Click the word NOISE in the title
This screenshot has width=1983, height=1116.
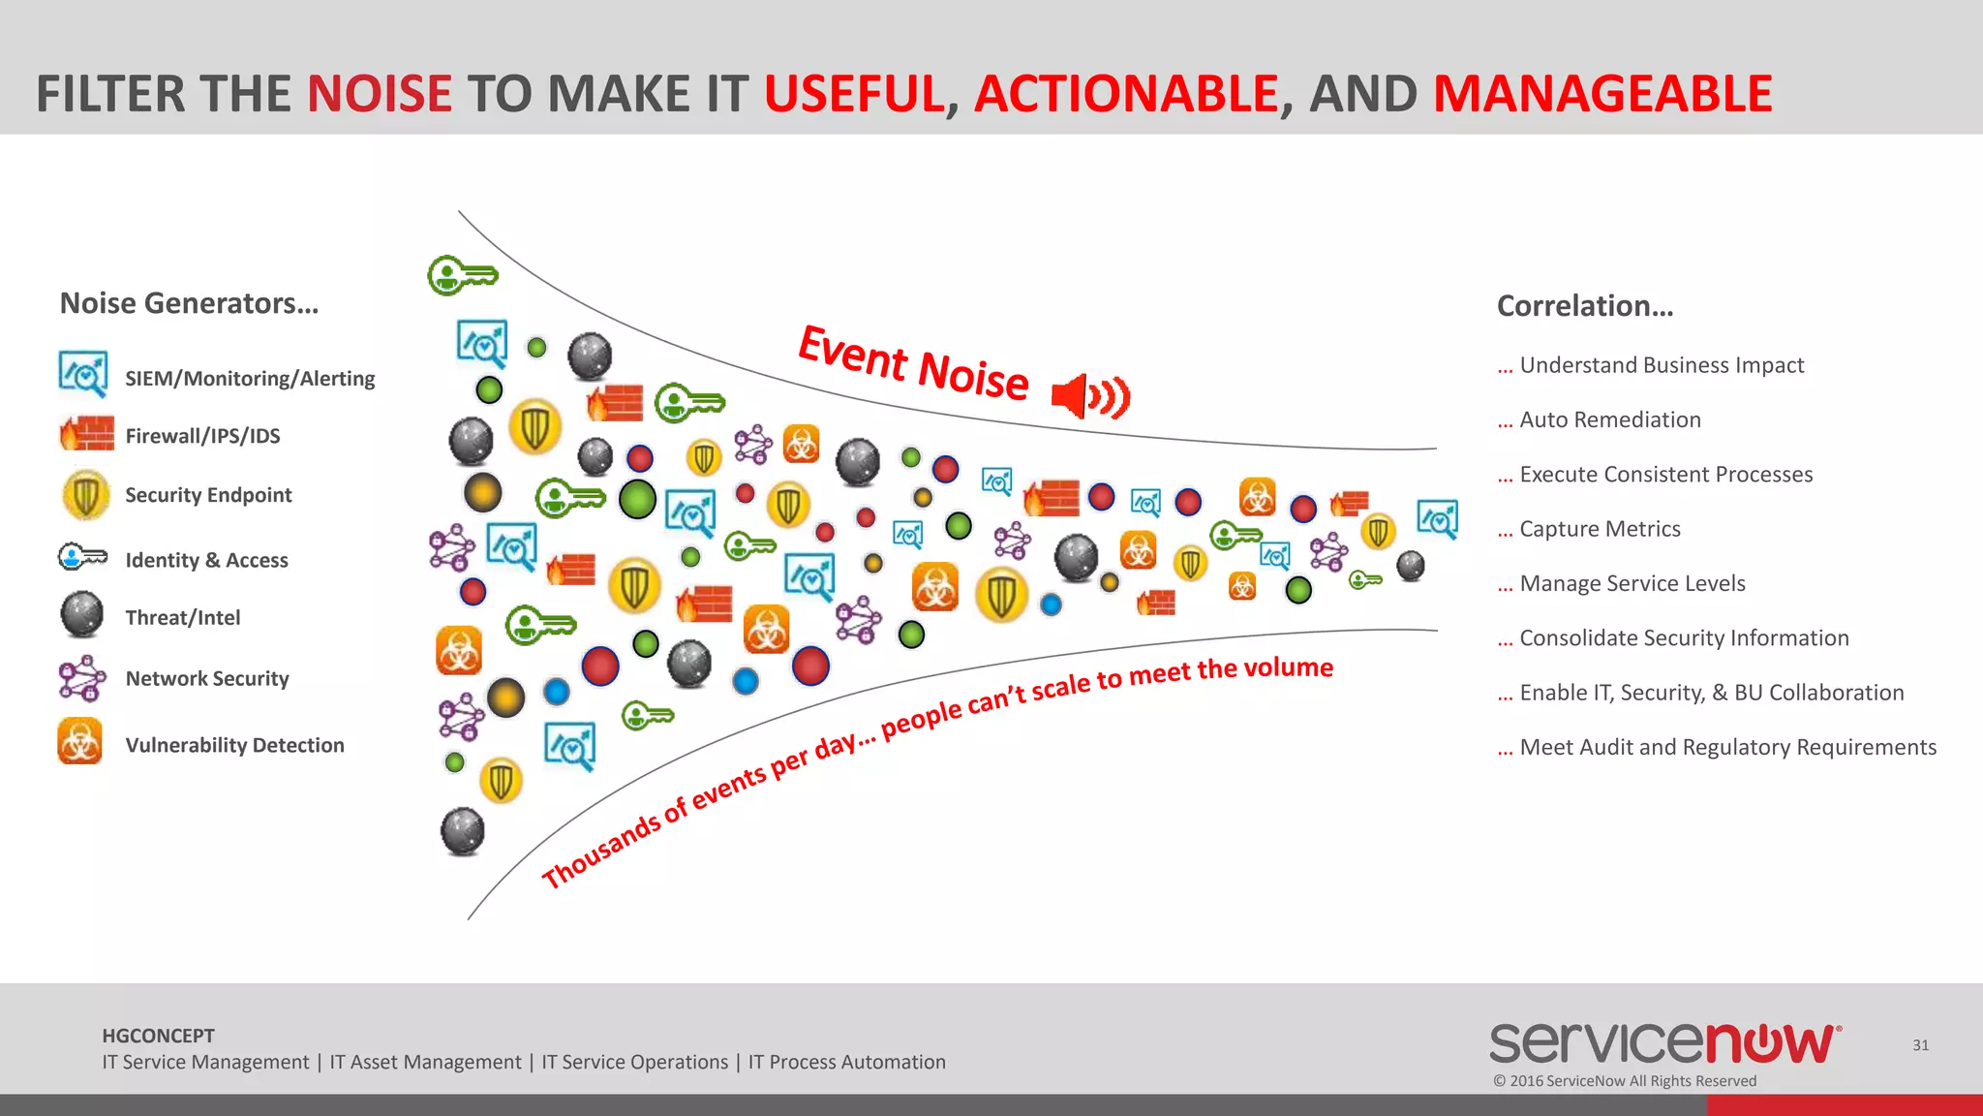coord(380,94)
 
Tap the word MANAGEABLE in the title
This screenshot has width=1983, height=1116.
coord(1602,94)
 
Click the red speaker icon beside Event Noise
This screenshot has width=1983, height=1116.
coord(1090,395)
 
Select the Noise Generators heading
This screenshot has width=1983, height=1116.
coord(189,303)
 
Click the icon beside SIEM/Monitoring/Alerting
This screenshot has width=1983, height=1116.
coord(83,375)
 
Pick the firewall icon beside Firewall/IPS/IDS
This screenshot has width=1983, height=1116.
coord(86,434)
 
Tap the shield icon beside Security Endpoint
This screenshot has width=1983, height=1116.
coord(85,494)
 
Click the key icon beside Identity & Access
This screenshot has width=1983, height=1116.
coord(82,557)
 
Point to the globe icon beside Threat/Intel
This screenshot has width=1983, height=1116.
coord(82,615)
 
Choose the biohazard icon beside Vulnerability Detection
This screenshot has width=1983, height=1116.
coord(80,742)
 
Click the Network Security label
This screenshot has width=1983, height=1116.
coord(207,678)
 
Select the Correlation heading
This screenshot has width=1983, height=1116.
coord(1584,306)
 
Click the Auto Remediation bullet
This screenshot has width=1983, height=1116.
coord(1609,419)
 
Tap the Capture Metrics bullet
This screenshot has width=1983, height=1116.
coord(1600,529)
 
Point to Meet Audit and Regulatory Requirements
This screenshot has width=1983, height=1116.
coord(1727,747)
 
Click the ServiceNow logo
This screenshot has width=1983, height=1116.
coord(1664,1043)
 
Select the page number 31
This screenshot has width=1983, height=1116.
coord(1920,1045)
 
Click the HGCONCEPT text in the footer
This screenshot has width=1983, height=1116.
coord(158,1036)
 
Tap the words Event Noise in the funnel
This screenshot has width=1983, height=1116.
coord(912,363)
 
